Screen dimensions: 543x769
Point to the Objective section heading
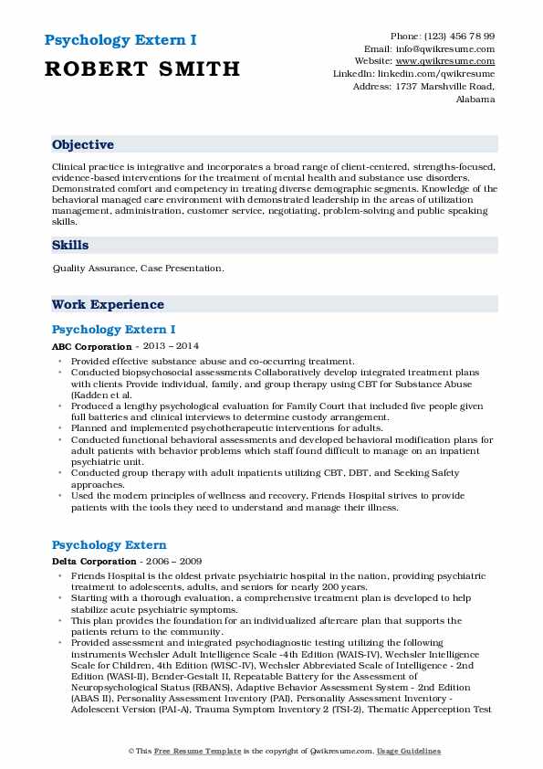pyautogui.click(x=83, y=144)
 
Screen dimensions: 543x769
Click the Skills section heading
pyautogui.click(x=70, y=245)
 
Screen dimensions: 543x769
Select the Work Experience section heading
pyautogui.click(x=108, y=304)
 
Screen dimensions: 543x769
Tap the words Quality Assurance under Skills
pyautogui.click(x=89, y=269)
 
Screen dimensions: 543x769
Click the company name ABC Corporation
pyautogui.click(x=92, y=347)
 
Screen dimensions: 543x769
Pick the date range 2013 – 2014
pyautogui.click(x=170, y=347)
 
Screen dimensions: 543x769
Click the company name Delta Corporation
pyautogui.click(x=94, y=561)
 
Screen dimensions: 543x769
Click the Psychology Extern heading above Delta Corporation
pyautogui.click(x=110, y=544)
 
